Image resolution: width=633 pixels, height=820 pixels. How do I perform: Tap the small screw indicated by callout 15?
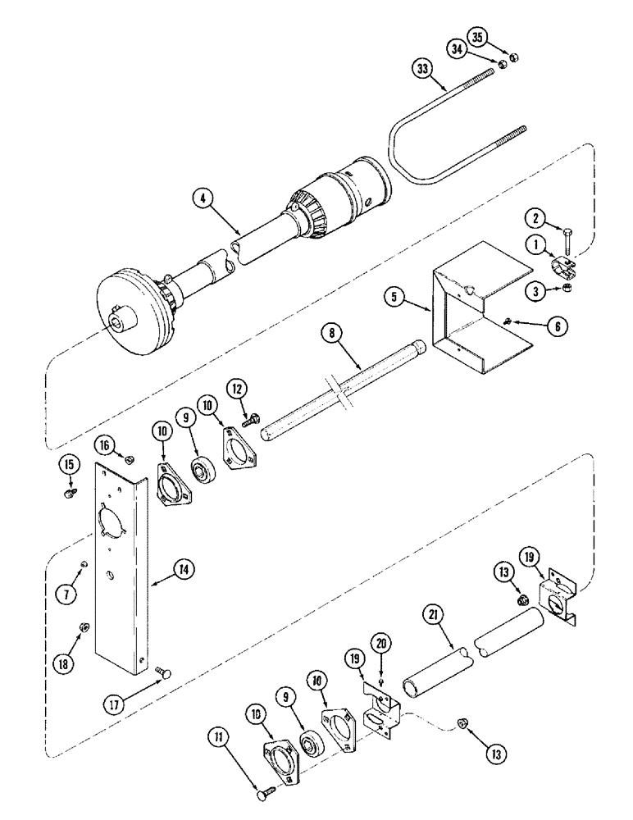tap(70, 492)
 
